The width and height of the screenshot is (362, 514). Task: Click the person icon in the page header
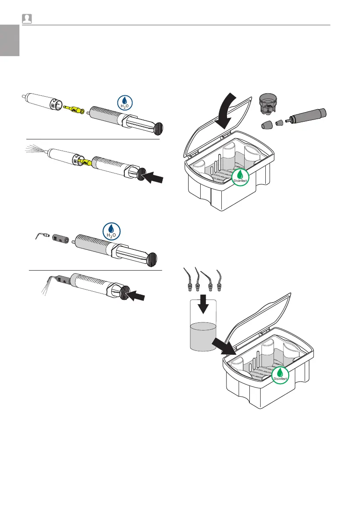tap(28, 19)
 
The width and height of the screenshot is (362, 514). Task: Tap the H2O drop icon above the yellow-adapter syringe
tap(125, 102)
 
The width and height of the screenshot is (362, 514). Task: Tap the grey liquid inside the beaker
tap(202, 337)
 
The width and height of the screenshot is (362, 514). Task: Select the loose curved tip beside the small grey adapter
tap(41, 236)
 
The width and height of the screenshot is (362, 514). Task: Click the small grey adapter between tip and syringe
tap(60, 238)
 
